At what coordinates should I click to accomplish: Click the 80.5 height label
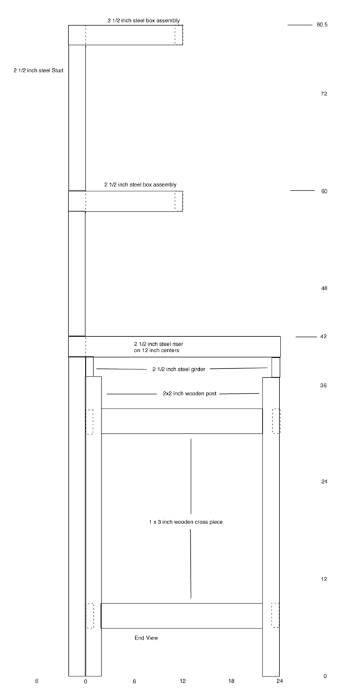click(x=322, y=25)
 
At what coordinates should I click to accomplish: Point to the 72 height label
click(x=324, y=94)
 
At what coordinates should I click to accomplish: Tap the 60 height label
click(x=324, y=191)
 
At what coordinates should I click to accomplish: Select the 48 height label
click(x=324, y=289)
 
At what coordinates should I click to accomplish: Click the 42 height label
click(x=323, y=336)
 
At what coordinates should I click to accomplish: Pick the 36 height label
click(x=323, y=386)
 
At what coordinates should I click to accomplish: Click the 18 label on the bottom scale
click(x=231, y=681)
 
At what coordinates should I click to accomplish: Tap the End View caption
click(x=146, y=638)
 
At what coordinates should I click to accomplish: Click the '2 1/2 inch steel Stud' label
click(x=38, y=70)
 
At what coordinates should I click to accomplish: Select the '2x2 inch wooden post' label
click(x=189, y=393)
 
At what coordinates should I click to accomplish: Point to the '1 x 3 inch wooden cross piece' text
click(x=185, y=522)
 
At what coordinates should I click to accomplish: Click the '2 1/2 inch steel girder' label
click(x=179, y=369)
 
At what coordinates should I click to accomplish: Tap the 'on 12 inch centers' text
click(x=157, y=351)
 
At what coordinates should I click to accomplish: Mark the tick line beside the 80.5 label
click(x=300, y=25)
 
